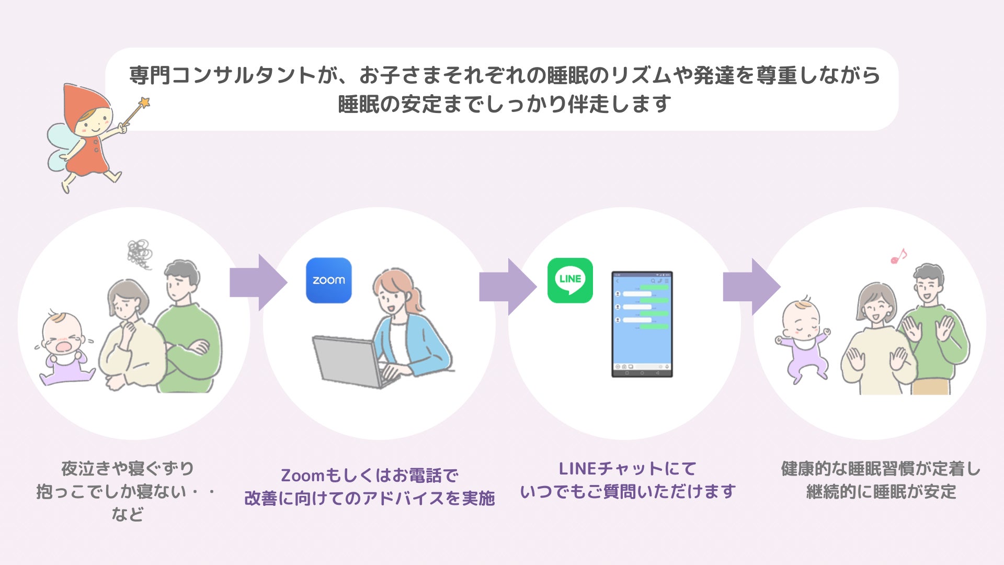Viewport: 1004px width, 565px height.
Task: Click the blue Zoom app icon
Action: point(328,280)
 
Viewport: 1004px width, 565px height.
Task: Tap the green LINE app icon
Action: point(570,280)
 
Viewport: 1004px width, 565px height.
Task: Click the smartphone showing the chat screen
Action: point(642,324)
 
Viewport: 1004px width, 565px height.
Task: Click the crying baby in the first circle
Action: point(65,348)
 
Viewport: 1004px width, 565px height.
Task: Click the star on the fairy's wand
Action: point(144,102)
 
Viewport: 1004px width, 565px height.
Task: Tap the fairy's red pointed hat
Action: point(84,99)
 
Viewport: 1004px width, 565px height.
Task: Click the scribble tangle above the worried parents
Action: point(139,254)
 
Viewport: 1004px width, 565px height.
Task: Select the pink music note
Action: point(898,256)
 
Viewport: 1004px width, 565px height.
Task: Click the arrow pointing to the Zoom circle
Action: point(258,282)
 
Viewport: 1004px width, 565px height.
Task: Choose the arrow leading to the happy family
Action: point(751,287)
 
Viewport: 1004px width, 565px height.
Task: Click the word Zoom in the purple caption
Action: point(303,476)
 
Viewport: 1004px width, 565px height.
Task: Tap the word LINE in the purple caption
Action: point(578,469)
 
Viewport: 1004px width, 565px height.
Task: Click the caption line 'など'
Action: point(127,514)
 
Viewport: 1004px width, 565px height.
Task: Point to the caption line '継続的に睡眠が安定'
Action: point(881,492)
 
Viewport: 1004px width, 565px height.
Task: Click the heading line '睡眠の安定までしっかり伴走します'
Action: point(504,104)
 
